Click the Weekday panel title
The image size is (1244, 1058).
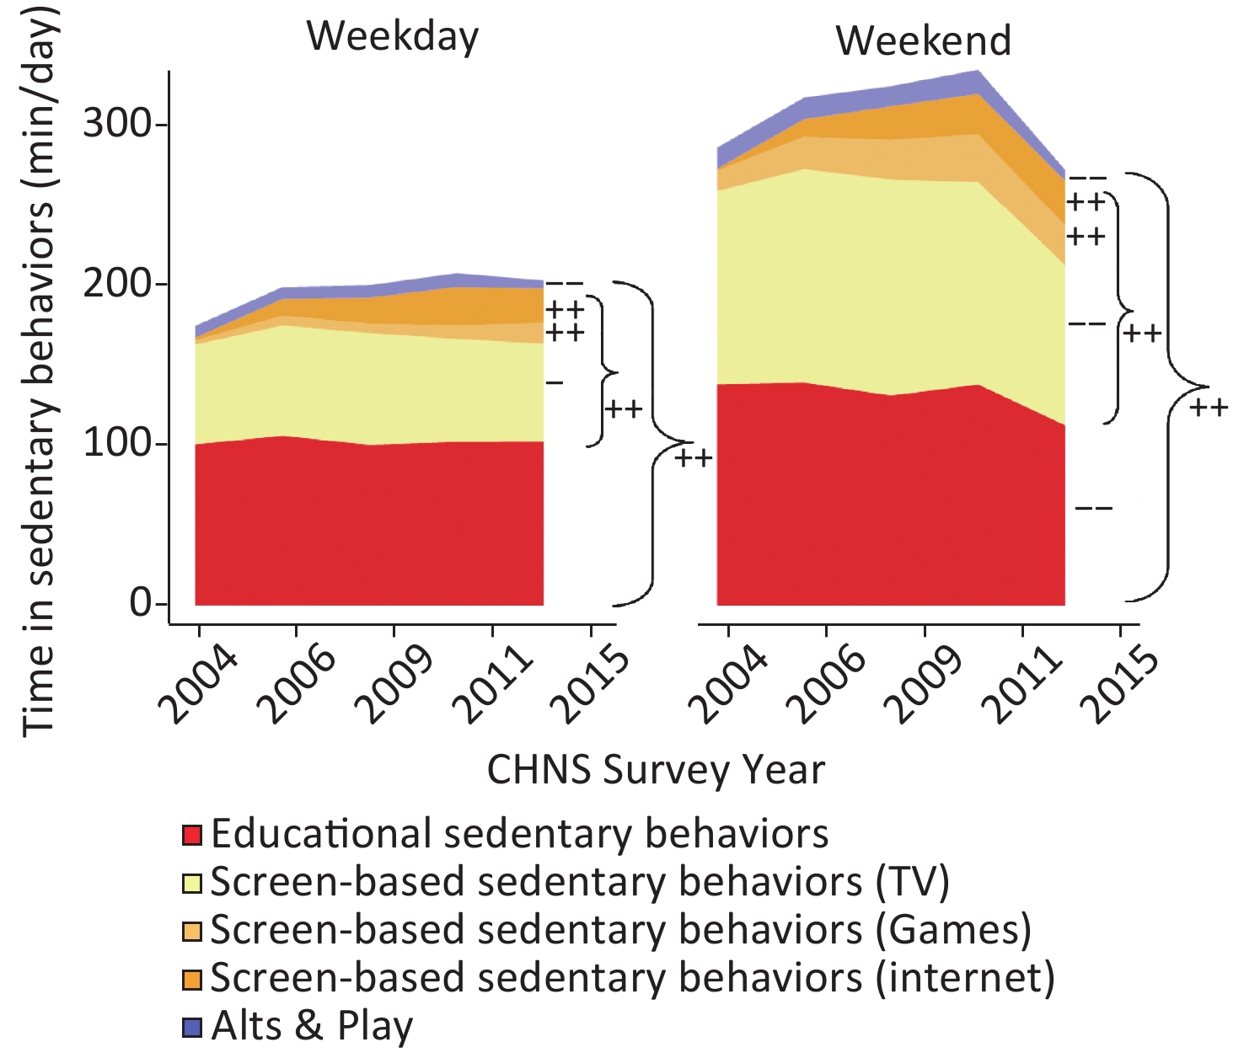pos(392,36)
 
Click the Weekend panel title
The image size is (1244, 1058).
pos(923,40)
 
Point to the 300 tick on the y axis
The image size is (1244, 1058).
pos(117,125)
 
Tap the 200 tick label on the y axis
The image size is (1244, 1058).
pos(117,284)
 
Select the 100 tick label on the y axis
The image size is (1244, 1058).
pos(117,444)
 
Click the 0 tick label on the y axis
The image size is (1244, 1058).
pos(141,603)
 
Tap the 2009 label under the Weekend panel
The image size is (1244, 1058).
pos(925,684)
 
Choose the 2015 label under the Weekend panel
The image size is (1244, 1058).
pos(1121,684)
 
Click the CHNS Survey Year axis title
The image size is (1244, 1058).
pos(656,770)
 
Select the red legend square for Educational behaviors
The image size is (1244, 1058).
pos(192,835)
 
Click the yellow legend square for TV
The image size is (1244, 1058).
pos(192,883)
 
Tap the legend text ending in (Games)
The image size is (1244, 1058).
pos(620,930)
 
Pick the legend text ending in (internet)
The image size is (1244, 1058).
pos(632,978)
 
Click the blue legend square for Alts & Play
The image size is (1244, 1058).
pos(192,1027)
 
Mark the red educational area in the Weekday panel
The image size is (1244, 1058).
pos(369,522)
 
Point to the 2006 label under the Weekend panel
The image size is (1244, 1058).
pos(828,684)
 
